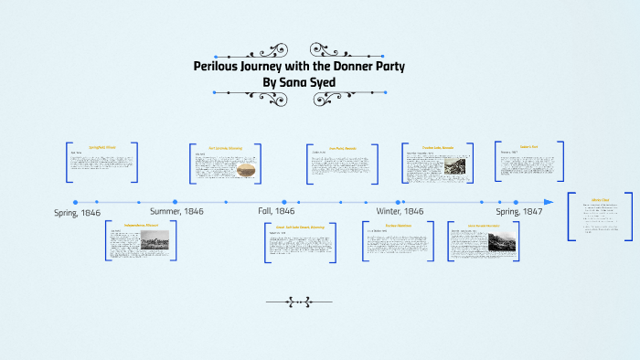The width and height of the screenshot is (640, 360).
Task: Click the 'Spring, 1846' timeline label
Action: pos(77,212)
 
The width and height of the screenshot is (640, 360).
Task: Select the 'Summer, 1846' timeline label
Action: pos(176,212)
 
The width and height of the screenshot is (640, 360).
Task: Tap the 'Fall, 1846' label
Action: pos(276,212)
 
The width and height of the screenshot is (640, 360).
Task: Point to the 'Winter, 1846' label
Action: pos(400,212)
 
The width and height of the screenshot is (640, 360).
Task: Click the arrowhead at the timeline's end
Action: pos(548,202)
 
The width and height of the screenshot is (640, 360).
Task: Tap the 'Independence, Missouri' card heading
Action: pos(135,224)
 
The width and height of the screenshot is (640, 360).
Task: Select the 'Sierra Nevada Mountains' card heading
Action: pos(484,225)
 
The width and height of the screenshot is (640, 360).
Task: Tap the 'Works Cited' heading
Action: pos(600,198)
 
